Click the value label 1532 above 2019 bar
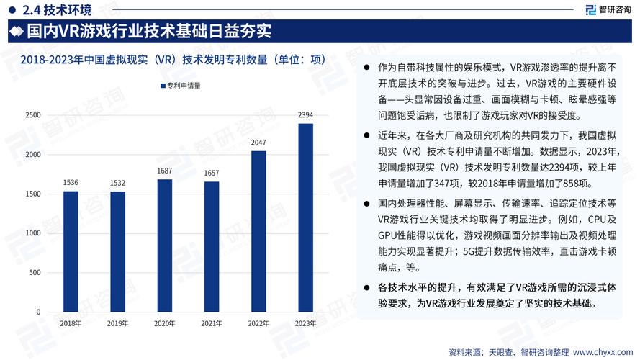point(117,184)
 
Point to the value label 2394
point(306,115)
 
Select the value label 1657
point(212,174)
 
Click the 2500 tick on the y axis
point(32,115)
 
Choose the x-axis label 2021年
point(212,324)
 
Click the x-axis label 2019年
point(117,324)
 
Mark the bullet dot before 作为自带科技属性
point(368,66)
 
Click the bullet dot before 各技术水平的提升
point(368,288)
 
